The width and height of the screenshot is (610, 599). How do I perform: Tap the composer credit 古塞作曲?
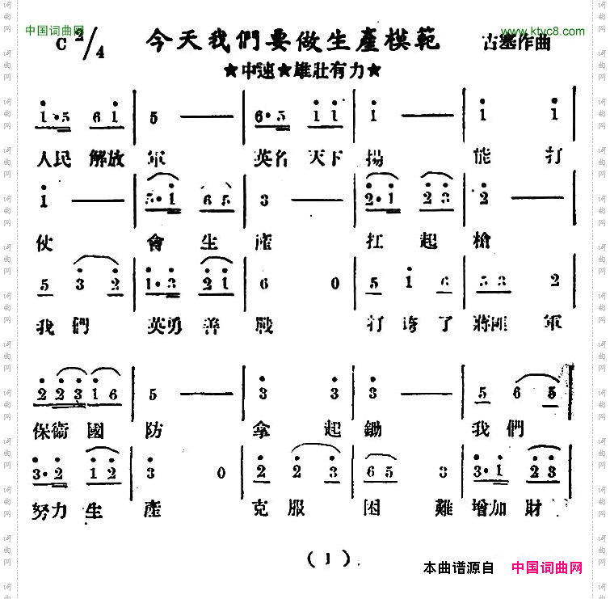click(515, 42)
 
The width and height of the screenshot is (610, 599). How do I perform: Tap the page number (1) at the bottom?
click(329, 558)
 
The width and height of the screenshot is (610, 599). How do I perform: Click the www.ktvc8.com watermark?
click(541, 32)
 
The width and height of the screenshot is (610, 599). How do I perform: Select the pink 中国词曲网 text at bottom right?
click(546, 567)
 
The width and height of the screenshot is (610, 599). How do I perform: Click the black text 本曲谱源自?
click(458, 567)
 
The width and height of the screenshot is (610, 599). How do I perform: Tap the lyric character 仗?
click(45, 242)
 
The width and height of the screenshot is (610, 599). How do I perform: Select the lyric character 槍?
click(476, 242)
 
